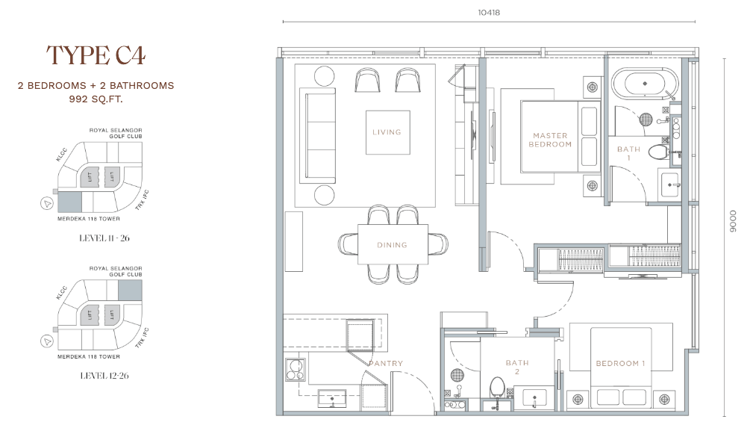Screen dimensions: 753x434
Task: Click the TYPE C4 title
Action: (x=96, y=55)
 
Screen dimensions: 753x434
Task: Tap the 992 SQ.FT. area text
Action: (x=96, y=99)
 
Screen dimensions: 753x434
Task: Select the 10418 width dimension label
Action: (x=489, y=13)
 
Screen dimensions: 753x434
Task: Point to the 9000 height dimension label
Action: (x=733, y=222)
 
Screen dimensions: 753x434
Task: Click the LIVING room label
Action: (x=387, y=132)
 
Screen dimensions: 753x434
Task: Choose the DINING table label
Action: (x=392, y=245)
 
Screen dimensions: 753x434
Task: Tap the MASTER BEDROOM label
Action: (x=550, y=140)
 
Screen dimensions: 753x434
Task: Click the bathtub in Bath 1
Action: (x=645, y=84)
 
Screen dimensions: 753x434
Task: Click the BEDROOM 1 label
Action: (x=620, y=363)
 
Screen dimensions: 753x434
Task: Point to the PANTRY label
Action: (x=386, y=363)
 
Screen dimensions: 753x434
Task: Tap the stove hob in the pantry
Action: (x=295, y=370)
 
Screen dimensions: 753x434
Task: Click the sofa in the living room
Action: (x=317, y=135)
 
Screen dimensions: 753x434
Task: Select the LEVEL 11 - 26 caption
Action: (x=104, y=238)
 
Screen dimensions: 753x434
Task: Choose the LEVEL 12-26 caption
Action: (x=104, y=376)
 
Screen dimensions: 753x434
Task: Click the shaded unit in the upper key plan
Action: (x=69, y=202)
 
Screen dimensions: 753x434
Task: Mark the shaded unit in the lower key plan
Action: (x=130, y=291)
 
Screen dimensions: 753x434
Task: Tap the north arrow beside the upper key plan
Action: (x=46, y=204)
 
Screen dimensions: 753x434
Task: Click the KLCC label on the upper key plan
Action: (x=61, y=154)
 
